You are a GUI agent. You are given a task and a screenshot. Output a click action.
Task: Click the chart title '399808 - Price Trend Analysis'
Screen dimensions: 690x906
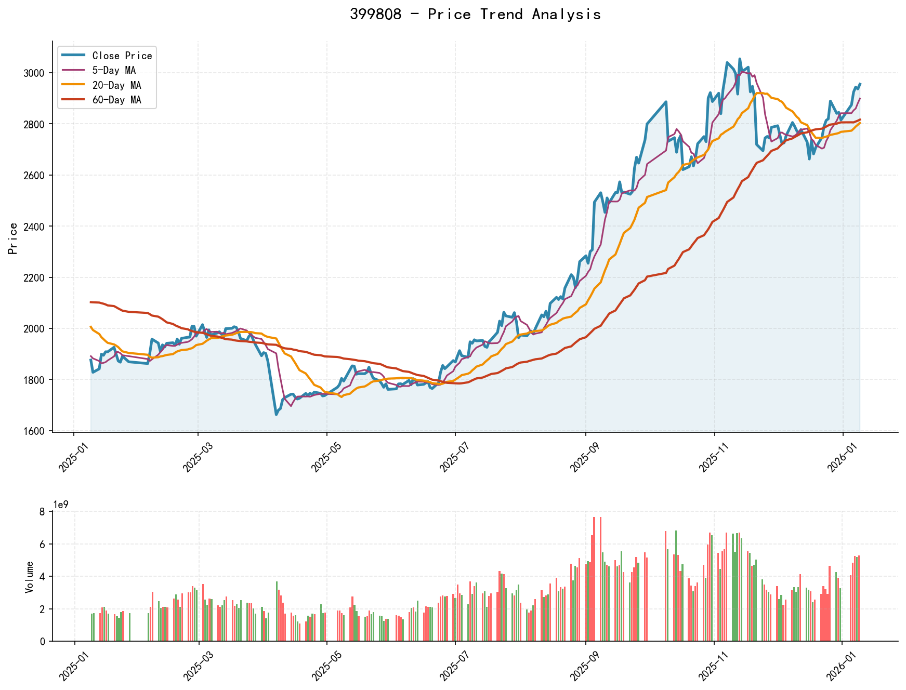click(475, 15)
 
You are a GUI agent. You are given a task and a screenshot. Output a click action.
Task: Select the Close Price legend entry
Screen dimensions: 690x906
click(122, 56)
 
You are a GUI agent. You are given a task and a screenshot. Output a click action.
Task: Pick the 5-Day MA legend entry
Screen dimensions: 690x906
click(114, 70)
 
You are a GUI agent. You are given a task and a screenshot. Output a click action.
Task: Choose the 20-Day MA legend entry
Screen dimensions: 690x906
click(116, 85)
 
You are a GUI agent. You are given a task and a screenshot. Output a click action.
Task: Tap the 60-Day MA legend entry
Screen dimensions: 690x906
click(116, 100)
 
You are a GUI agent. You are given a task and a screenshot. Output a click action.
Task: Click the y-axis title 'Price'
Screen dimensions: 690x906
click(14, 238)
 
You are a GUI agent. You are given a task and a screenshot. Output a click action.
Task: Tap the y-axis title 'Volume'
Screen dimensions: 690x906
click(29, 577)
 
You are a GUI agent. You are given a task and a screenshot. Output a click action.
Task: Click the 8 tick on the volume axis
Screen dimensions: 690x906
click(43, 512)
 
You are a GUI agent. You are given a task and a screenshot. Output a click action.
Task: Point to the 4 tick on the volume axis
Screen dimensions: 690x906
click(43, 577)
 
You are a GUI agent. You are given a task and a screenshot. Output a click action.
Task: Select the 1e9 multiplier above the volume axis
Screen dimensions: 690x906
click(61, 505)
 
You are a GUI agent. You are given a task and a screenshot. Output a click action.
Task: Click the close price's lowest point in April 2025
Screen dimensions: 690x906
click(276, 414)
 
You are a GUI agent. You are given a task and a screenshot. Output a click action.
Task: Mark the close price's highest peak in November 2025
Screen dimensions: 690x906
click(740, 59)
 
